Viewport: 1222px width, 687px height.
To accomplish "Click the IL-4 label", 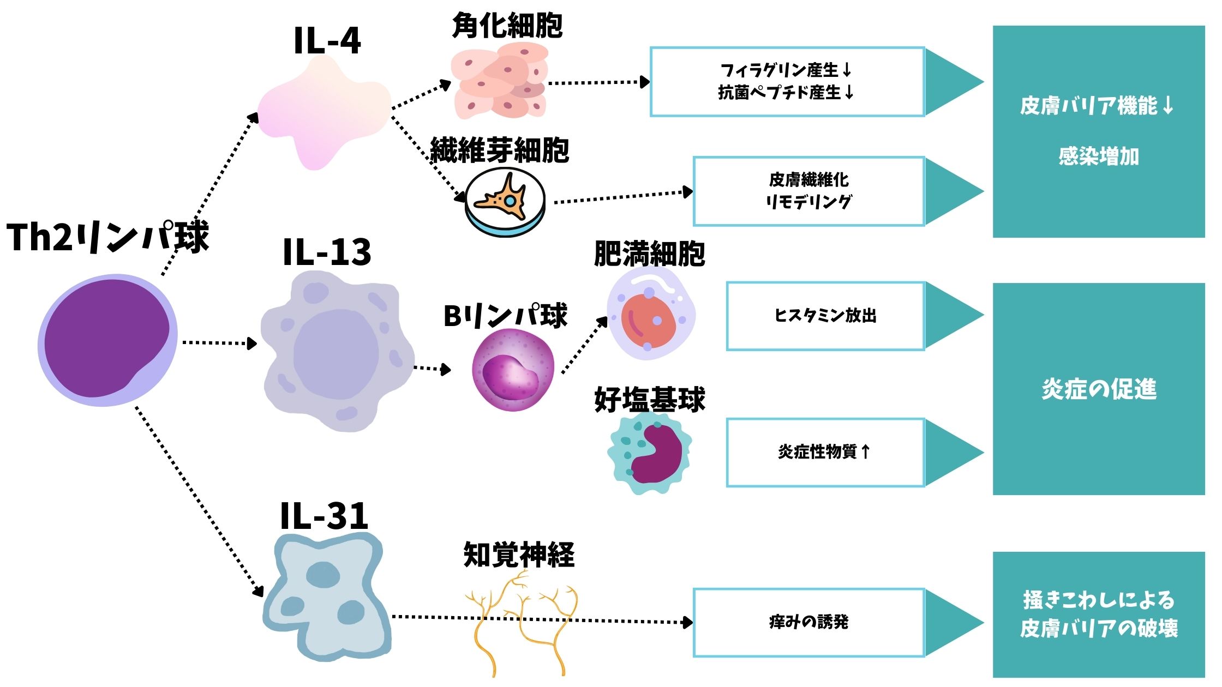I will (x=327, y=41).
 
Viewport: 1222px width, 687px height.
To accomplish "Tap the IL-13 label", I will (x=327, y=252).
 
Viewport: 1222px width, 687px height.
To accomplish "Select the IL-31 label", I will (x=324, y=516).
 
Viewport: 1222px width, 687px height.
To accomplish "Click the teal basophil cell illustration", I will (x=649, y=453).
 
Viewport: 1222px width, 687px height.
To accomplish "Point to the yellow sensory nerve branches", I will (x=521, y=622).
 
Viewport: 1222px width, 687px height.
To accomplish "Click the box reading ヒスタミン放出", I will (x=825, y=316).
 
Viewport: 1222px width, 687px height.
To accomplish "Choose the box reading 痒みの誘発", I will (x=808, y=622).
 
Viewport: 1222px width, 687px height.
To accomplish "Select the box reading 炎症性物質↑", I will (x=825, y=452).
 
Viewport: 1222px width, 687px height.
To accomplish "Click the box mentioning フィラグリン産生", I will (x=787, y=82).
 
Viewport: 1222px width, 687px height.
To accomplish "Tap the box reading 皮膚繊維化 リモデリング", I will (x=808, y=191).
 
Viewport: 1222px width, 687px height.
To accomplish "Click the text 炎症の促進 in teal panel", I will (x=1099, y=389).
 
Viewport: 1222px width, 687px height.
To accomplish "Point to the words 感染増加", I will (x=1099, y=156).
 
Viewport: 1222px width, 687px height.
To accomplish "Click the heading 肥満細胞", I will (x=649, y=254).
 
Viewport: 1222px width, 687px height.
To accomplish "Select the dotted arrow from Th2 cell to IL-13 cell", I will (x=218, y=343).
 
